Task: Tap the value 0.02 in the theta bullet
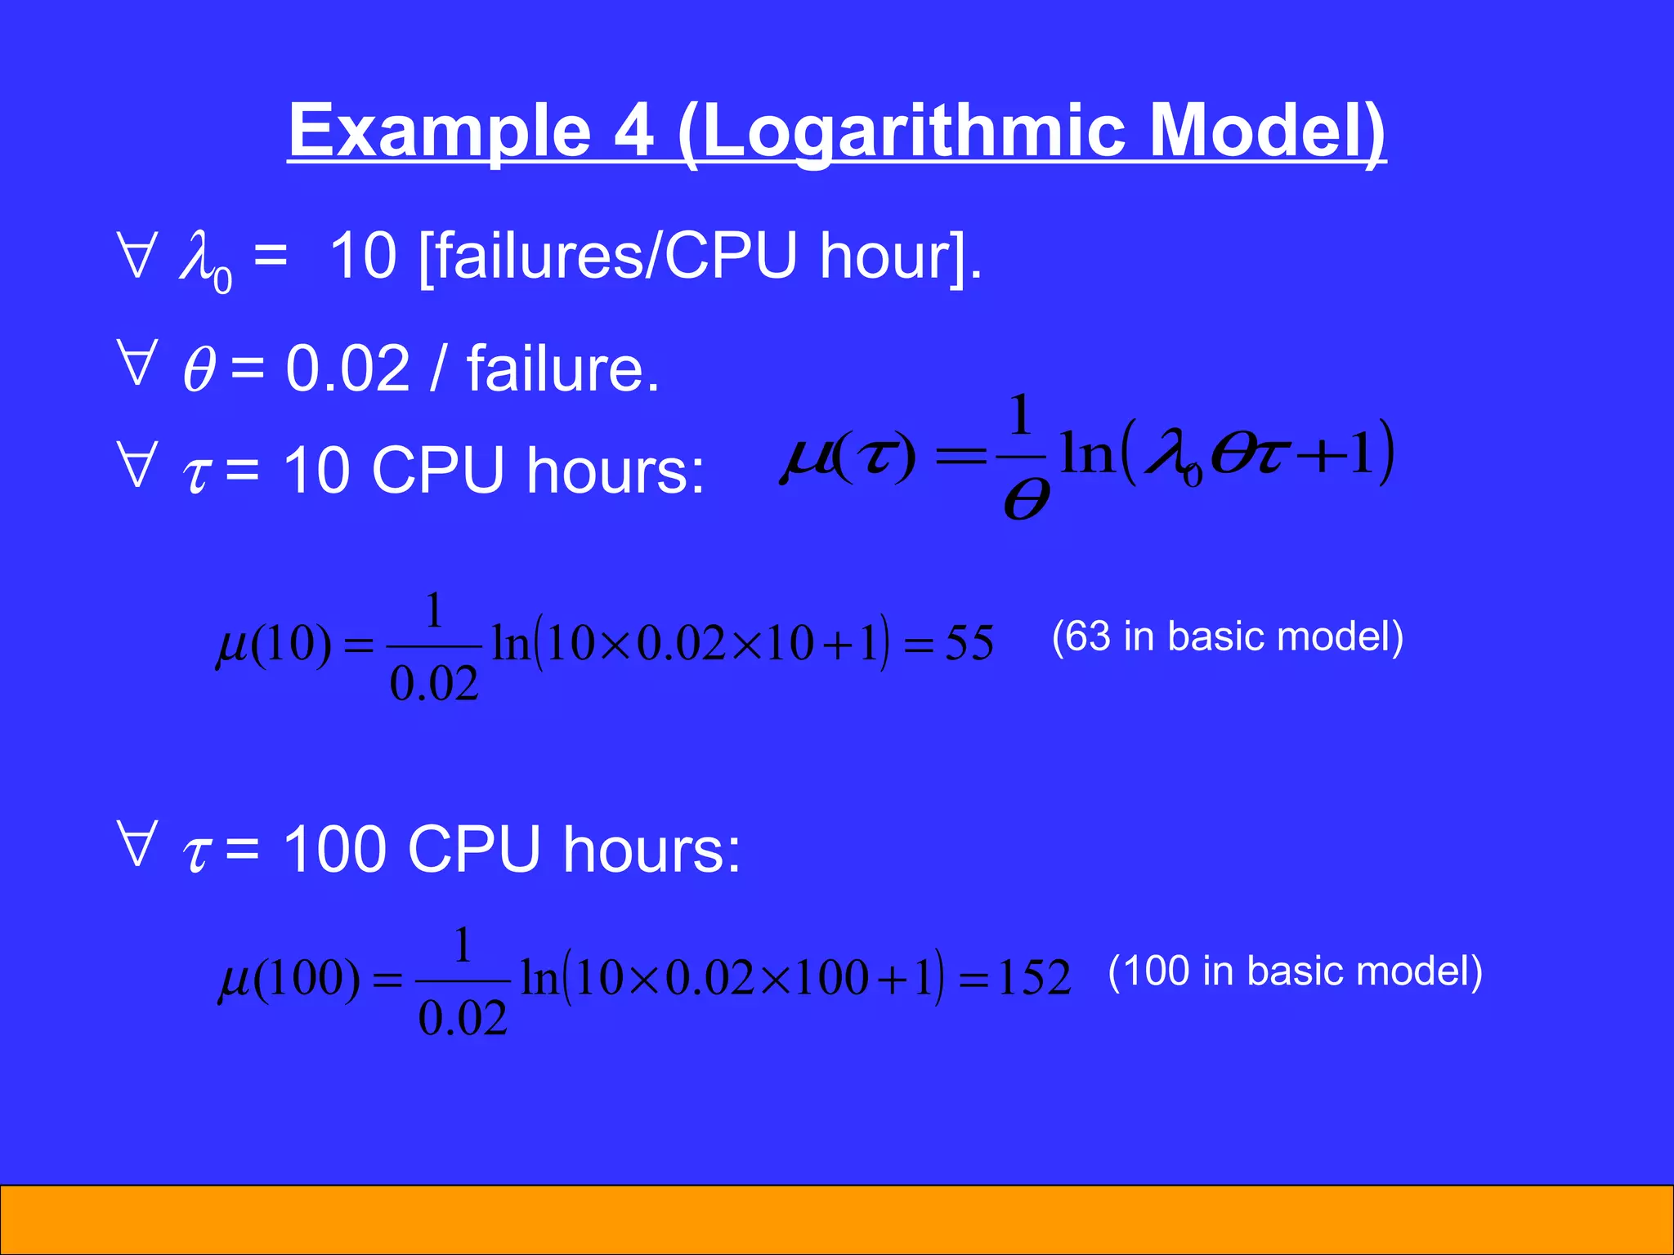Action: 347,368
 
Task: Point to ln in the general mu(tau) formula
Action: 1087,453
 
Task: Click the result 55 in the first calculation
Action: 969,643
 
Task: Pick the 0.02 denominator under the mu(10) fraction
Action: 434,684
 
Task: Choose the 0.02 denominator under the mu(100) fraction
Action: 463,1018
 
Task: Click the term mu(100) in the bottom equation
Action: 289,978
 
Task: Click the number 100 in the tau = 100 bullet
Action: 334,849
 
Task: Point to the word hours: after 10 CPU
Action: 615,471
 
